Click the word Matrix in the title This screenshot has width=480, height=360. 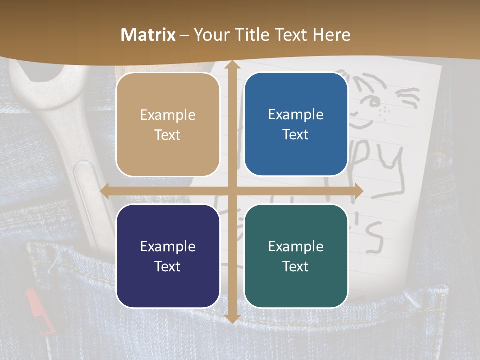[x=148, y=35]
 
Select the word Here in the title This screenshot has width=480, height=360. [x=331, y=35]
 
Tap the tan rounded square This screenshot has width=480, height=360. [x=168, y=125]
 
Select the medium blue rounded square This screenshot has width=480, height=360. [x=296, y=124]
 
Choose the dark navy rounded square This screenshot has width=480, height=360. [x=168, y=256]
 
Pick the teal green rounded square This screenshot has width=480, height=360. [x=296, y=256]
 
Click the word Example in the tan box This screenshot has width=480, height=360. [x=168, y=115]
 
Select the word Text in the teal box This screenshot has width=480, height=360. [x=296, y=266]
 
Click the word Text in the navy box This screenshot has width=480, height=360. [x=168, y=266]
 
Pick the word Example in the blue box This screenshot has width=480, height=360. [x=296, y=114]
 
